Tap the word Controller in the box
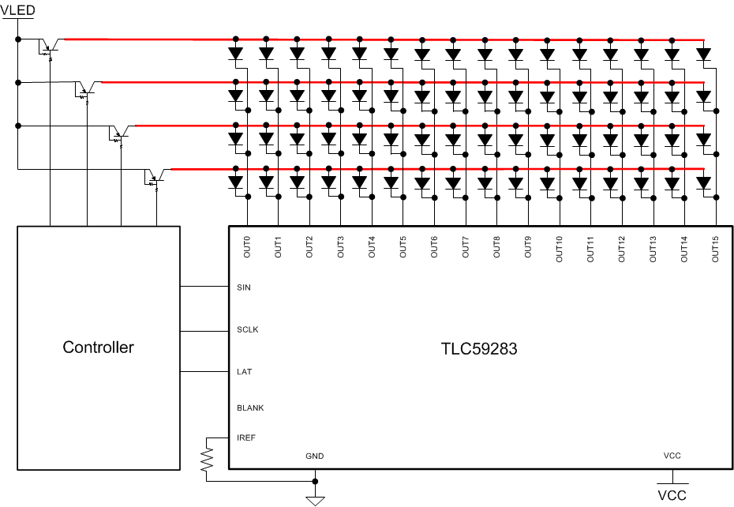[x=99, y=347]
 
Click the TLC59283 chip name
[x=479, y=348]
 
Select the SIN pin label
[x=244, y=287]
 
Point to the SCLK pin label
[x=247, y=329]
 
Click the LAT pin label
[x=244, y=371]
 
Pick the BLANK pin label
[x=250, y=408]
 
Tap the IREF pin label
[x=246, y=438]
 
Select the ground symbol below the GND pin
[x=316, y=498]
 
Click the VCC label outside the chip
[x=672, y=496]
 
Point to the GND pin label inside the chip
[x=315, y=456]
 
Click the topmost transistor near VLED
[x=50, y=45]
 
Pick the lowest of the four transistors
[x=155, y=178]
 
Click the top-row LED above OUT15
[x=703, y=54]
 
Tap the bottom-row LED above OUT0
[x=235, y=182]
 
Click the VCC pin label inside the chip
[x=672, y=456]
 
